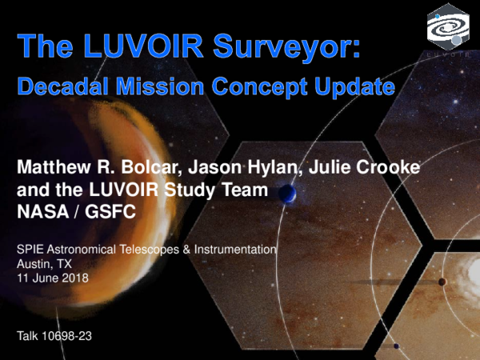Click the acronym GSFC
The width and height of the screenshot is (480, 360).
106,212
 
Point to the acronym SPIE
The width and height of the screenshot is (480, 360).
30,250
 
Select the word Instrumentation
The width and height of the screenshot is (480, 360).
236,250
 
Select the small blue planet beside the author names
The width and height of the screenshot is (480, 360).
289,194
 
